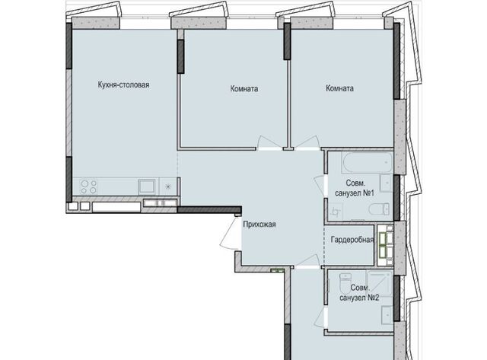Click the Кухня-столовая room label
pos(123,84)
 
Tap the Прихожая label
pos(259,225)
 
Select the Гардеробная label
pos(352,240)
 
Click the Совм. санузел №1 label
pos(355,188)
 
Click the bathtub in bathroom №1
pos(368,162)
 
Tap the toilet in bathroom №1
pos(379,209)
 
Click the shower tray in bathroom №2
pos(380,282)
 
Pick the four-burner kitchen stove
pos(88,186)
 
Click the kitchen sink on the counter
pos(147,186)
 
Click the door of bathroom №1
pos(320,186)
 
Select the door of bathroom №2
pos(320,317)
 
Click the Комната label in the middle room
pos(244,89)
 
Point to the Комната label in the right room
pos(340,88)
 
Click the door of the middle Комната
pos(269,143)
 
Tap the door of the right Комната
pos(307,143)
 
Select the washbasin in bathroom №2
pos(387,315)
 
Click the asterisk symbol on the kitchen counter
pos(167,186)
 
